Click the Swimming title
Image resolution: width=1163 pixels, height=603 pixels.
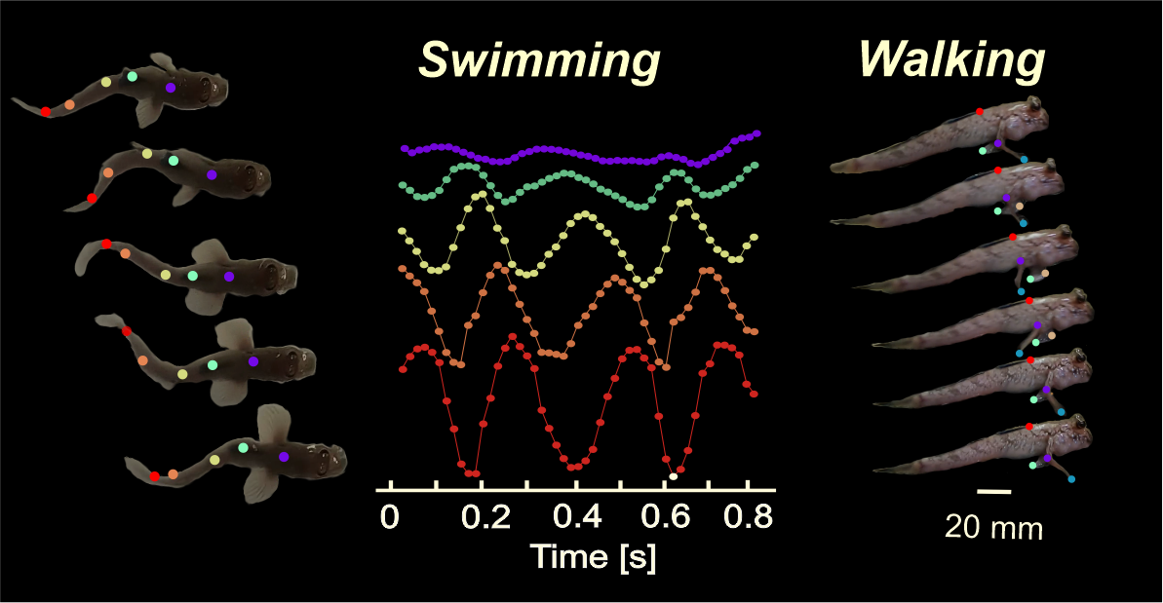[539, 61]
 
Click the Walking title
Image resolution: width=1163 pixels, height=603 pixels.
[951, 61]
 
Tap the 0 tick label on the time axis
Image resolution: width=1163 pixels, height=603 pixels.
[390, 516]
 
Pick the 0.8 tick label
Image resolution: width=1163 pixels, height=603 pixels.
[747, 516]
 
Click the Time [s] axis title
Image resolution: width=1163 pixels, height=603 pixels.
[592, 557]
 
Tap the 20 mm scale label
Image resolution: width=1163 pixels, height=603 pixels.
[993, 529]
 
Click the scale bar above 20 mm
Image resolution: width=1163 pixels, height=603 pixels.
[993, 492]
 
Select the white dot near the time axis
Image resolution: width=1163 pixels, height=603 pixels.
[673, 476]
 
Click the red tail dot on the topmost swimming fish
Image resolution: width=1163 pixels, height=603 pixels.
[46, 112]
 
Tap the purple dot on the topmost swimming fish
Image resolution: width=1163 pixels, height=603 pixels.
[171, 88]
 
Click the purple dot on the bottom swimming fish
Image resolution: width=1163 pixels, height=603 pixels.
[284, 456]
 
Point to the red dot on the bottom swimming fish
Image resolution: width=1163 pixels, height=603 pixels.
[155, 476]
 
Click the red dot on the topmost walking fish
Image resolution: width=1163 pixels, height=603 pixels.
[980, 112]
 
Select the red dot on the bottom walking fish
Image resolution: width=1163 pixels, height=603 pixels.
[1029, 427]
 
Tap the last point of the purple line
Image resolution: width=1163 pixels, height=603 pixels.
[757, 133]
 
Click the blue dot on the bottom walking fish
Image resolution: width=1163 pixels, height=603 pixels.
[1072, 478]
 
